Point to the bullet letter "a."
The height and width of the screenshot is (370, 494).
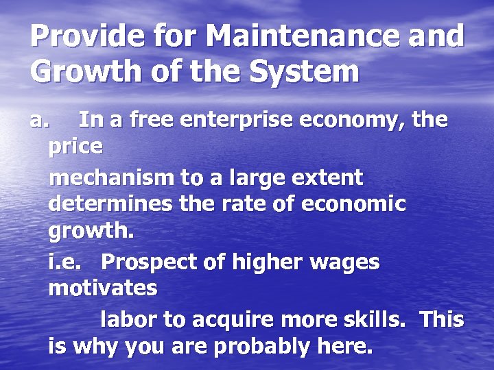40,121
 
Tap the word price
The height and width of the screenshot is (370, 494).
75,147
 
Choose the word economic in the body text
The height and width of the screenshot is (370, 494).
355,204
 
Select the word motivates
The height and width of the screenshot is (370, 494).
103,288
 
